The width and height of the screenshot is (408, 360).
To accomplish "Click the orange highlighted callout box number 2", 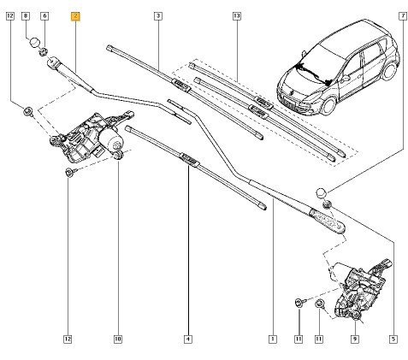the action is point(75,16).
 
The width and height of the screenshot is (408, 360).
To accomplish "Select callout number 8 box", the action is point(26,16).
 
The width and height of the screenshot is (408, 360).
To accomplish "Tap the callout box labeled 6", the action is point(44,16).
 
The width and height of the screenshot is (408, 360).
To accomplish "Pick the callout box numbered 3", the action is point(158,16).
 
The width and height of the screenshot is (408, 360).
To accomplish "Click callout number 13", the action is point(237,16).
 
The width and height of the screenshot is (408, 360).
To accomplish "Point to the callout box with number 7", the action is point(403,16).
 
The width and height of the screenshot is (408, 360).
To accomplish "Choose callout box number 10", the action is point(118,339).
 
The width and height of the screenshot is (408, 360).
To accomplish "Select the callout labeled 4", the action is point(188,339).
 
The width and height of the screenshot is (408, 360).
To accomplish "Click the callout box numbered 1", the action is point(273,339).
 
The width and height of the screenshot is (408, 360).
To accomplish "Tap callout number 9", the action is point(355,339).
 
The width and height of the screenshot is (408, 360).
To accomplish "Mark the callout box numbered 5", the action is point(393,339).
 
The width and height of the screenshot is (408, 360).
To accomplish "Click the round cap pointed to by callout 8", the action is point(35,42).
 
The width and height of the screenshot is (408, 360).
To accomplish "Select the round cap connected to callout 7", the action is point(321,193).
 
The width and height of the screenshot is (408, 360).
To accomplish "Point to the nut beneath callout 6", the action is point(43,52).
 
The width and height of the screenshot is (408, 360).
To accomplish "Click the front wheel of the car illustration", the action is point(329,105).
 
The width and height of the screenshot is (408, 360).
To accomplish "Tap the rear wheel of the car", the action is point(389,71).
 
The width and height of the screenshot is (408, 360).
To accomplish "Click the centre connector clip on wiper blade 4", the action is point(189,160).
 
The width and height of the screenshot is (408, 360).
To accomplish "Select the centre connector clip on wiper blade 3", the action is point(180,86).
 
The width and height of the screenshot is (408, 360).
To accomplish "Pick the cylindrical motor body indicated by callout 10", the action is point(112,139).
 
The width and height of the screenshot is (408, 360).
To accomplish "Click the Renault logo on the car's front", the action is point(293,92).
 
